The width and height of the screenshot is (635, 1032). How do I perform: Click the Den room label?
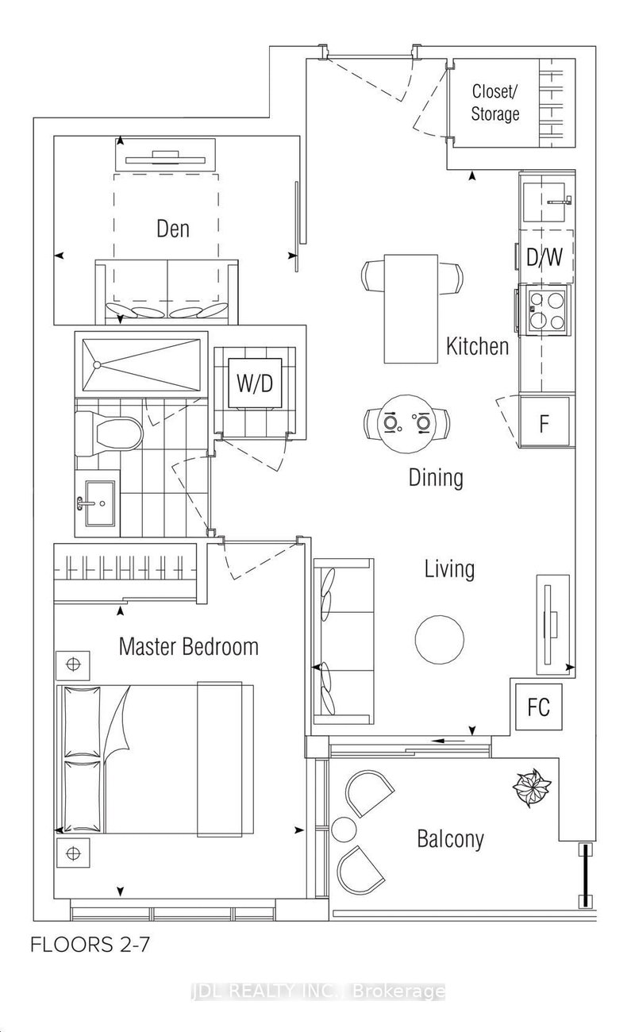172,229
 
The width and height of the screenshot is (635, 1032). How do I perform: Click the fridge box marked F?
545,423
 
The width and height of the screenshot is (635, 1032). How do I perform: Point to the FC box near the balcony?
538,706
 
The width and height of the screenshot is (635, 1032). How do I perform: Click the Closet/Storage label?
495,102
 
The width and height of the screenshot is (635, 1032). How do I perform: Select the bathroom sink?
98,503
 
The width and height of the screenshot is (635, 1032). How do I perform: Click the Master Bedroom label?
188,646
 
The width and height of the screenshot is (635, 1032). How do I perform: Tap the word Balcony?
450,838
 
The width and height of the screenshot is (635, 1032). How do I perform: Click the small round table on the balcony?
345,830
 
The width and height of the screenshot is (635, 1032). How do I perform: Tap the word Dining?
436,478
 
